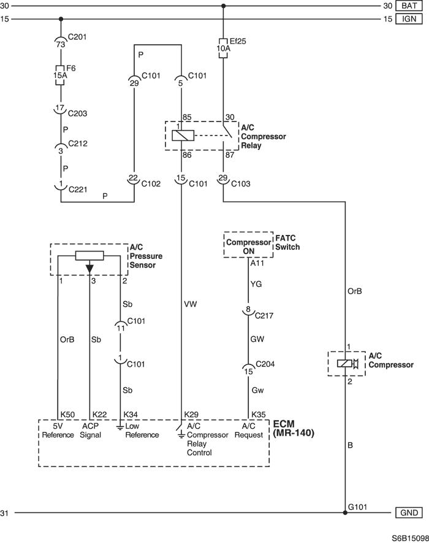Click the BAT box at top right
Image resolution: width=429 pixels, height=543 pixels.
pos(409,6)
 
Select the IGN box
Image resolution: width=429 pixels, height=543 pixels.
pos(409,19)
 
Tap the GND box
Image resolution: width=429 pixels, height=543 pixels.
pos(409,512)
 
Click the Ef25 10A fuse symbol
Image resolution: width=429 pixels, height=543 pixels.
pos(223,48)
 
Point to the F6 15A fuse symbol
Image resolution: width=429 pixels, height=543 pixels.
pos(60,75)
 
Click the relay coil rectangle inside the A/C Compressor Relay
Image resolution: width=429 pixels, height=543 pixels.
pos(183,136)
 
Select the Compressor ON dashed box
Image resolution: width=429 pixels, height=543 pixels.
pos(248,245)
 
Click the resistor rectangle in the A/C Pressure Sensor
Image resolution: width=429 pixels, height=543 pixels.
pos(89,256)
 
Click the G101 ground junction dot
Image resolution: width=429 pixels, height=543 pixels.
pos(345,512)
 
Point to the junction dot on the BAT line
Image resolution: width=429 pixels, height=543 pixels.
pos(223,6)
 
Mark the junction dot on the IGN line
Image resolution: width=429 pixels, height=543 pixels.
pos(61,19)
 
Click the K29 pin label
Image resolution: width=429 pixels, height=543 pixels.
pos(191,415)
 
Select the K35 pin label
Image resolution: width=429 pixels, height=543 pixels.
pos(259,415)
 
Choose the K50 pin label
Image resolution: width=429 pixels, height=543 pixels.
pos(67,415)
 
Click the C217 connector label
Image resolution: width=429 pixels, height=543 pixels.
pos(264,315)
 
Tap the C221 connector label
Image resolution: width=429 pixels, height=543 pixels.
pos(78,190)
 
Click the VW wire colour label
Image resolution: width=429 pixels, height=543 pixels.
pos(190,304)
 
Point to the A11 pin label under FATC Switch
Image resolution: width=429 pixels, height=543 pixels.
pos(257,263)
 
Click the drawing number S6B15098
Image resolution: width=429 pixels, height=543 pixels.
pos(410,538)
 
